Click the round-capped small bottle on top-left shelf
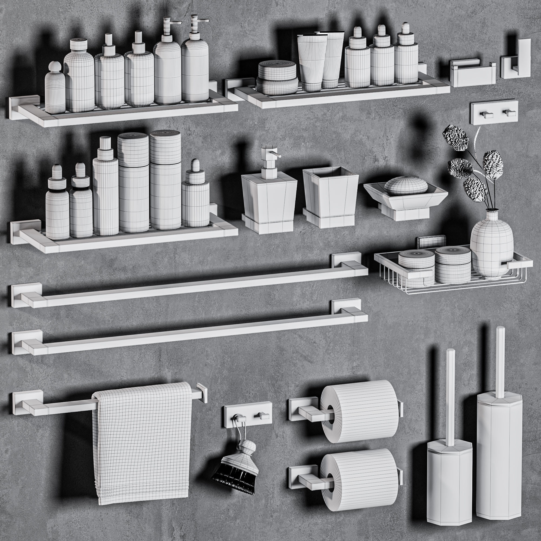tap(55, 87)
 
